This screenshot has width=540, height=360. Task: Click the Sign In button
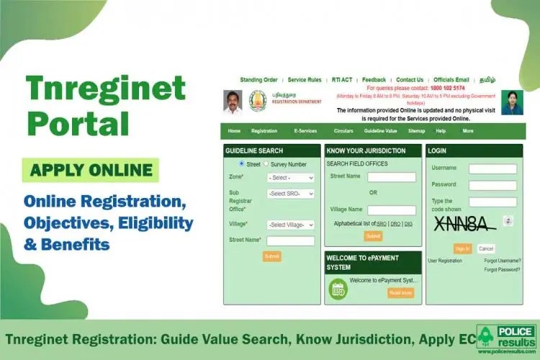click(462, 248)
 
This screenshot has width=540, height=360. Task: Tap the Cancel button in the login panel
click(486, 248)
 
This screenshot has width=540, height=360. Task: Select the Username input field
click(492, 169)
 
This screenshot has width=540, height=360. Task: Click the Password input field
click(492, 185)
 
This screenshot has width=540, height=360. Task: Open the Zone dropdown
click(290, 178)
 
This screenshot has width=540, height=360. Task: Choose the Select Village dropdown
click(290, 225)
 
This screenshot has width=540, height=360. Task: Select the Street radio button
click(241, 164)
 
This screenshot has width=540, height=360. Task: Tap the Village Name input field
click(392, 210)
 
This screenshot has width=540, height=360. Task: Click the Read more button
click(400, 292)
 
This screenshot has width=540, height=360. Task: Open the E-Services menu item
click(305, 131)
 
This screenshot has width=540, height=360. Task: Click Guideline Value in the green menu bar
click(380, 131)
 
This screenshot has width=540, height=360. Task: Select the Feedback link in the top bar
click(374, 80)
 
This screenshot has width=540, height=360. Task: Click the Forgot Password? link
click(502, 269)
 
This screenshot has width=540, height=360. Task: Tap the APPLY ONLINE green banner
click(91, 171)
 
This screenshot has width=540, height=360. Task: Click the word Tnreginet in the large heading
click(105, 88)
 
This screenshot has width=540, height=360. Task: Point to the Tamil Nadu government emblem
click(258, 101)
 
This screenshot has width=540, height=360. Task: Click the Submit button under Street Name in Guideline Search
click(271, 256)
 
